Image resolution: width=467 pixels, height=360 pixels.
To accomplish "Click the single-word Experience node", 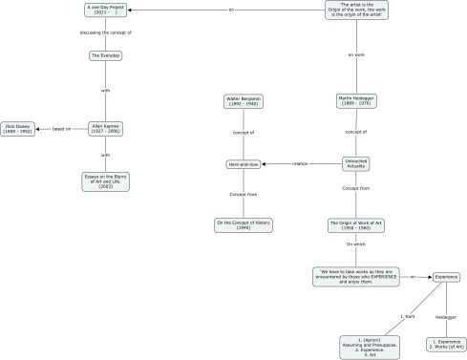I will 447,277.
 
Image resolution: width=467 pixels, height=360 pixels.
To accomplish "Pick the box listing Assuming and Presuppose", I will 366,346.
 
